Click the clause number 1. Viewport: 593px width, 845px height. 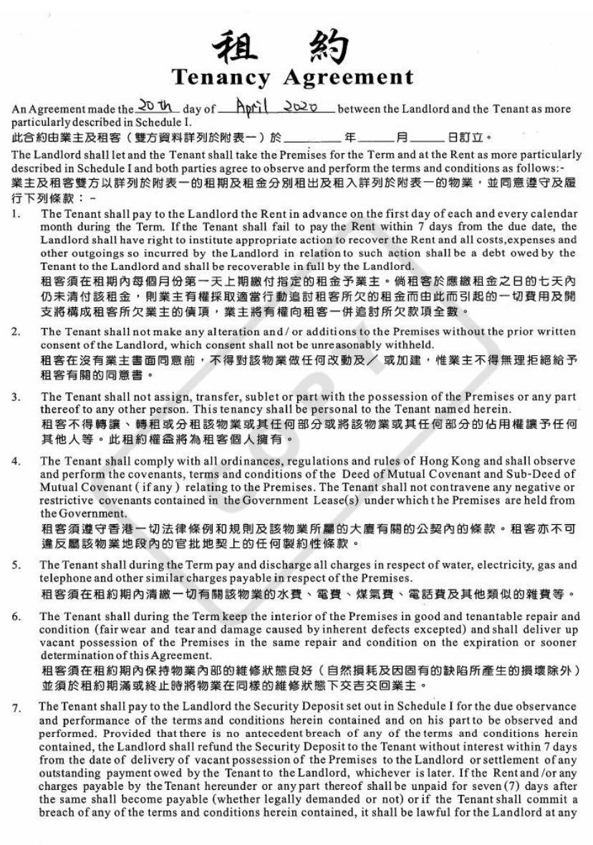(x=16, y=214)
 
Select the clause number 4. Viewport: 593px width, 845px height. (x=16, y=460)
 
